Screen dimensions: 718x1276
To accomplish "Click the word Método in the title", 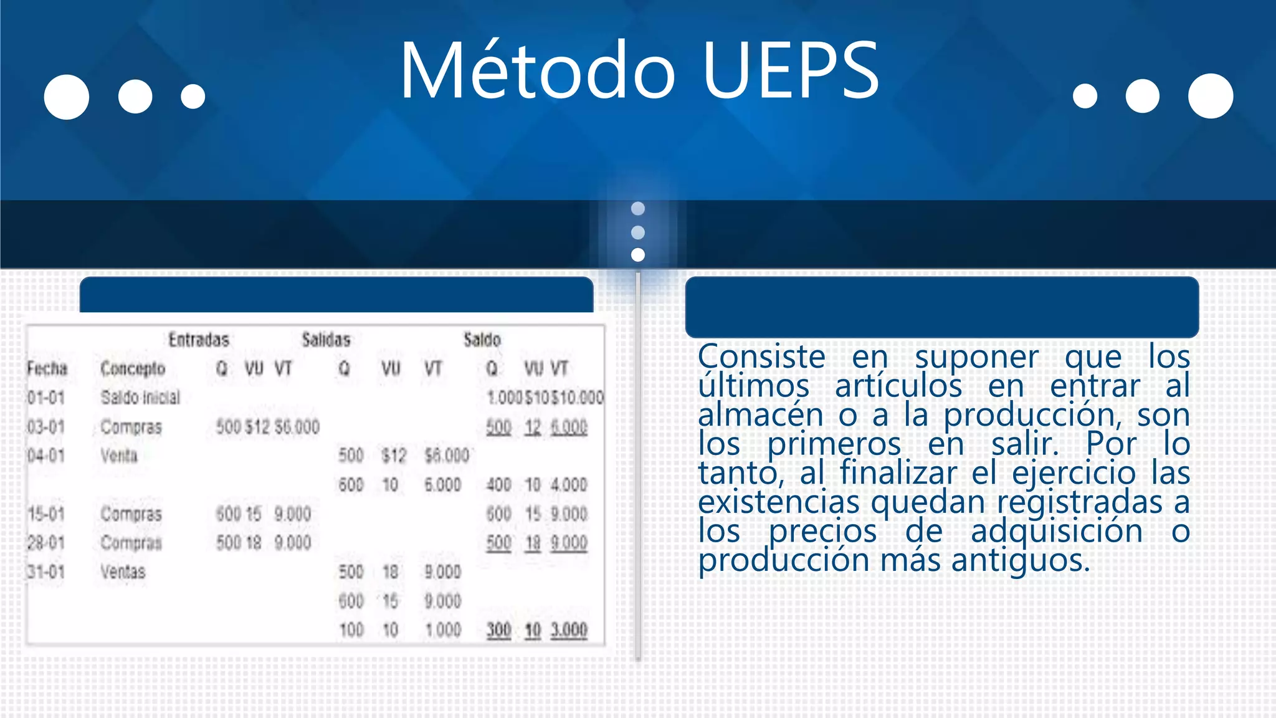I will click(x=537, y=70).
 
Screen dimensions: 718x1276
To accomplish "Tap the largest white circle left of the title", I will click(x=67, y=97).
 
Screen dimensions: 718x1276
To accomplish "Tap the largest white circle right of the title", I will click(x=1210, y=96).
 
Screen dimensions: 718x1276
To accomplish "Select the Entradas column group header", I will click(x=199, y=340).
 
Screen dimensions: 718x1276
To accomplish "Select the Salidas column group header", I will click(x=326, y=340).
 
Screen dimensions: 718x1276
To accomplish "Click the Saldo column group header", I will click(x=482, y=340).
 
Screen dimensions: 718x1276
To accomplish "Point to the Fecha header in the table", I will click(x=47, y=368).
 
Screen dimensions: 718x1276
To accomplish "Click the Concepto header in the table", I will click(x=133, y=368).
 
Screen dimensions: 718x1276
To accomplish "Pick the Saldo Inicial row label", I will click(x=140, y=397).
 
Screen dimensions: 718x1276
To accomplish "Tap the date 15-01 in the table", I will click(x=46, y=514).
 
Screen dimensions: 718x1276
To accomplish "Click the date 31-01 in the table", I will click(x=46, y=572).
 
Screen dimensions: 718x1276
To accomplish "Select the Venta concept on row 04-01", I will click(x=118, y=456).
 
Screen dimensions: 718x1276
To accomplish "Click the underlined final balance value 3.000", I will click(x=568, y=630).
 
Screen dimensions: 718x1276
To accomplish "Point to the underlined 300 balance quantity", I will click(x=498, y=630).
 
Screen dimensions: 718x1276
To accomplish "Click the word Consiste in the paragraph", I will click(x=761, y=357).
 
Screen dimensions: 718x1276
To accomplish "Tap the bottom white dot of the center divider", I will click(x=637, y=254).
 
